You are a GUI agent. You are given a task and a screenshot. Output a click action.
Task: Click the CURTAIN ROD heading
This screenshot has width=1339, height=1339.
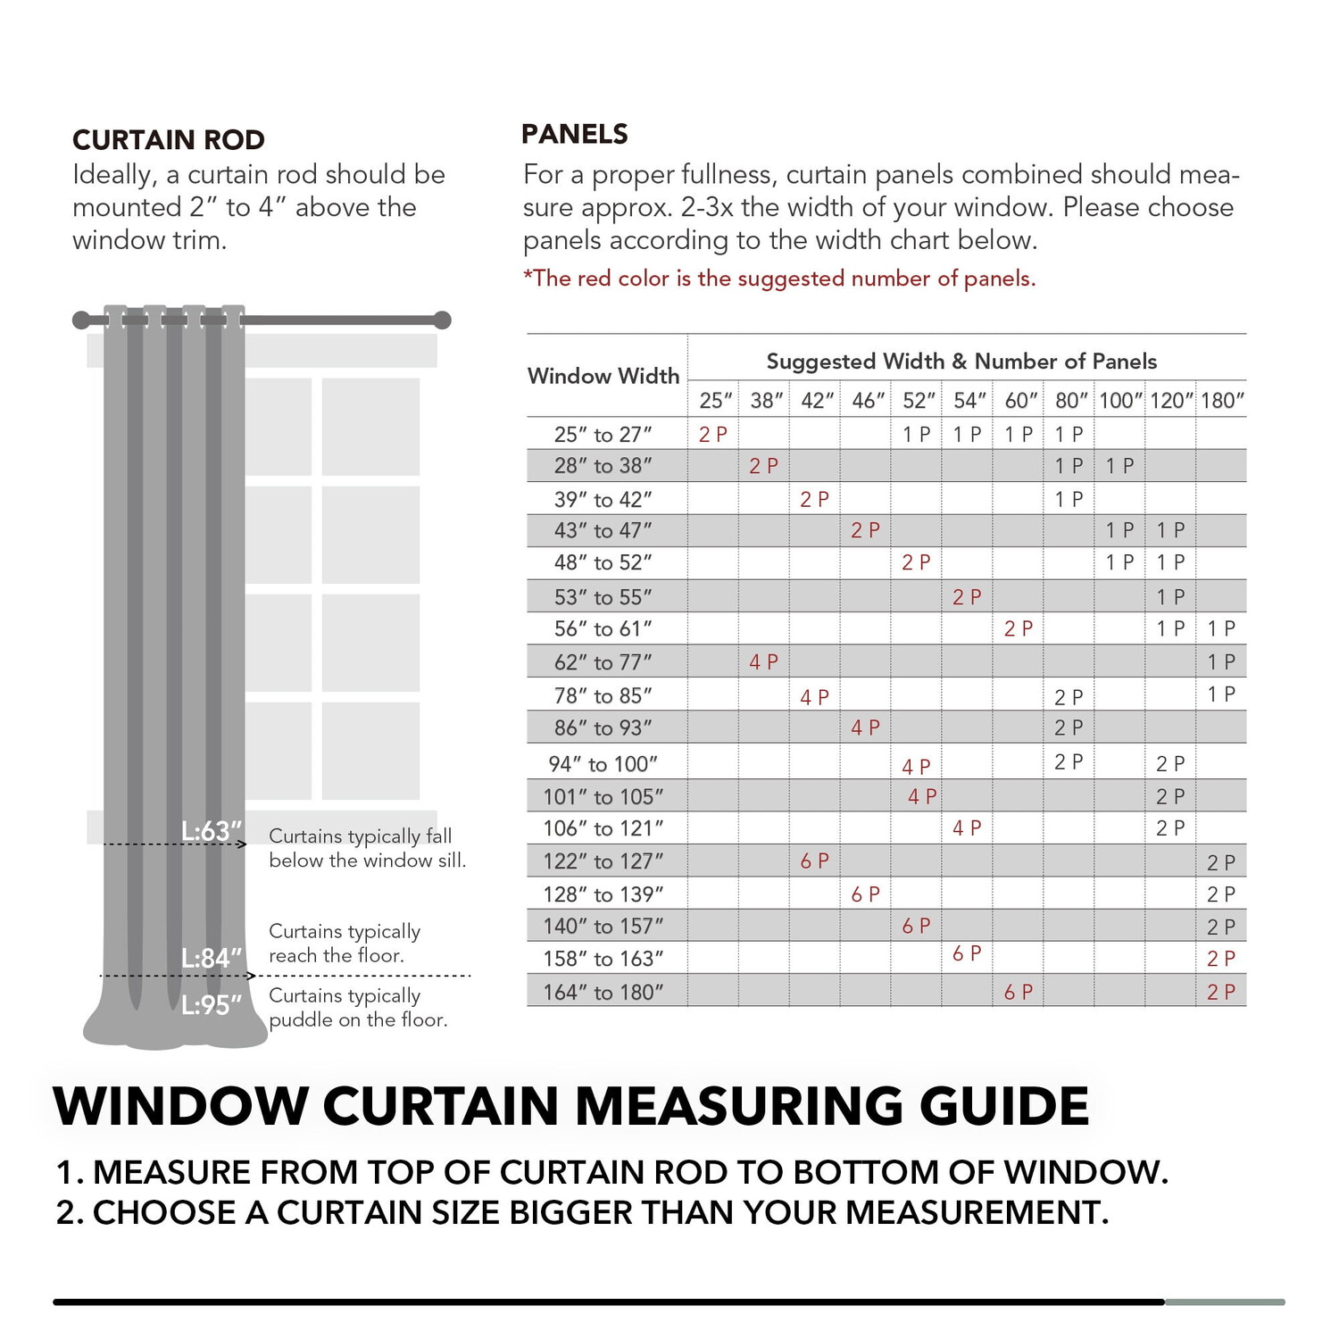(169, 140)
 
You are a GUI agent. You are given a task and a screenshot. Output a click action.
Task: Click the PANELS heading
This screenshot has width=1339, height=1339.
(575, 134)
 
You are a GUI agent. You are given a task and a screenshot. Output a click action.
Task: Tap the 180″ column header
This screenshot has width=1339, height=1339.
(1222, 401)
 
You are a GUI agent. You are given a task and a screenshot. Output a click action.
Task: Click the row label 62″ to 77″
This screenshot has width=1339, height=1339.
(603, 662)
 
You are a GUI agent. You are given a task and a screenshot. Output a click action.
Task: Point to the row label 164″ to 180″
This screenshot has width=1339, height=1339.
(603, 993)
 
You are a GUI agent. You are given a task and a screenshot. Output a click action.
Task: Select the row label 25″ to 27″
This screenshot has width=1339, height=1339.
(603, 435)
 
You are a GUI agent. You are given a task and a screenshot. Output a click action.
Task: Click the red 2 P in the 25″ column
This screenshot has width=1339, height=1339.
(713, 435)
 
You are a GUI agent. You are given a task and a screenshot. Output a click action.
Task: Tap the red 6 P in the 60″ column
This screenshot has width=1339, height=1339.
(1019, 993)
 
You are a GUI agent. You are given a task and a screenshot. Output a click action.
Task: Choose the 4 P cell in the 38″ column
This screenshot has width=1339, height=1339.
(764, 662)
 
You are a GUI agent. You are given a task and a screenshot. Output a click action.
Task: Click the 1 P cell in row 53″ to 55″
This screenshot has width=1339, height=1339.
(1171, 597)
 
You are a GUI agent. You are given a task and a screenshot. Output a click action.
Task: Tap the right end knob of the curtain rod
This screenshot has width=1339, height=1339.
(442, 320)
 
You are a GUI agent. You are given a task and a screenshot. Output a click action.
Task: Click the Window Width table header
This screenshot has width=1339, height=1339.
(603, 376)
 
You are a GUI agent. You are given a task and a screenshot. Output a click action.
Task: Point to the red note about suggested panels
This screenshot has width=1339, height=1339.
(779, 279)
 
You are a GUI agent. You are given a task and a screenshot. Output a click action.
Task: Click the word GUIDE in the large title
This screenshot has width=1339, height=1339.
(1004, 1107)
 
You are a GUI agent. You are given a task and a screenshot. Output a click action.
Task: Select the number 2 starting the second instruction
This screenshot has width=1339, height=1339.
(64, 1213)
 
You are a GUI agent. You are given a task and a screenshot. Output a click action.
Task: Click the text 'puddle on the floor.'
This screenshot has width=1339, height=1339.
(358, 1019)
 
